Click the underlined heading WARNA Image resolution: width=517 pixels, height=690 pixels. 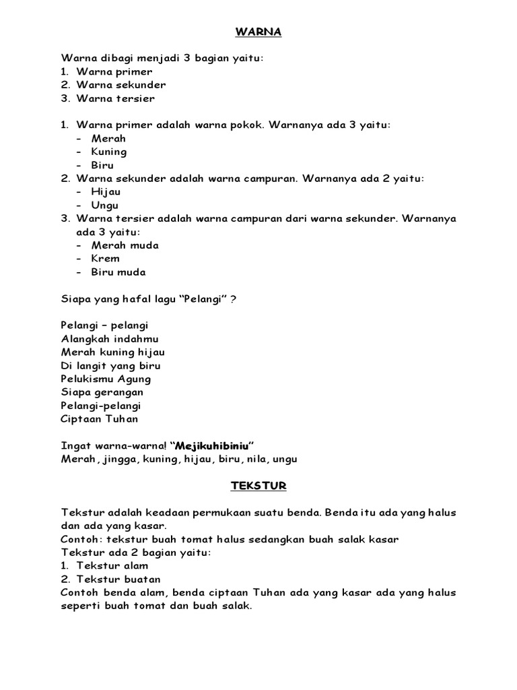[258, 31]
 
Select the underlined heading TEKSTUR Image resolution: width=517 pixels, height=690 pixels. [258, 485]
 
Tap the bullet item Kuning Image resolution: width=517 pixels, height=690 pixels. [109, 152]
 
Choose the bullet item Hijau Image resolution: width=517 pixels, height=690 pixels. [106, 192]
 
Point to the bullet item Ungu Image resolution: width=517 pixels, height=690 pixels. [105, 206]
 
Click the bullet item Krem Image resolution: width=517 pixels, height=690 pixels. [106, 259]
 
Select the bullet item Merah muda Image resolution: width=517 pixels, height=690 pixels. [125, 245]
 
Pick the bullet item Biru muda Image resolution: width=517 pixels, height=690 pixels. [118, 272]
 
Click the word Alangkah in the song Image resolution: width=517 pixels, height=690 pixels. [85, 339]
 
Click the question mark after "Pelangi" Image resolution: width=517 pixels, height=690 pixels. [233, 299]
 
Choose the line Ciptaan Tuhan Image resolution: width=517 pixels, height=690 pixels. [100, 419]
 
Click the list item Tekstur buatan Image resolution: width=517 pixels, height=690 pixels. [118, 579]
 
